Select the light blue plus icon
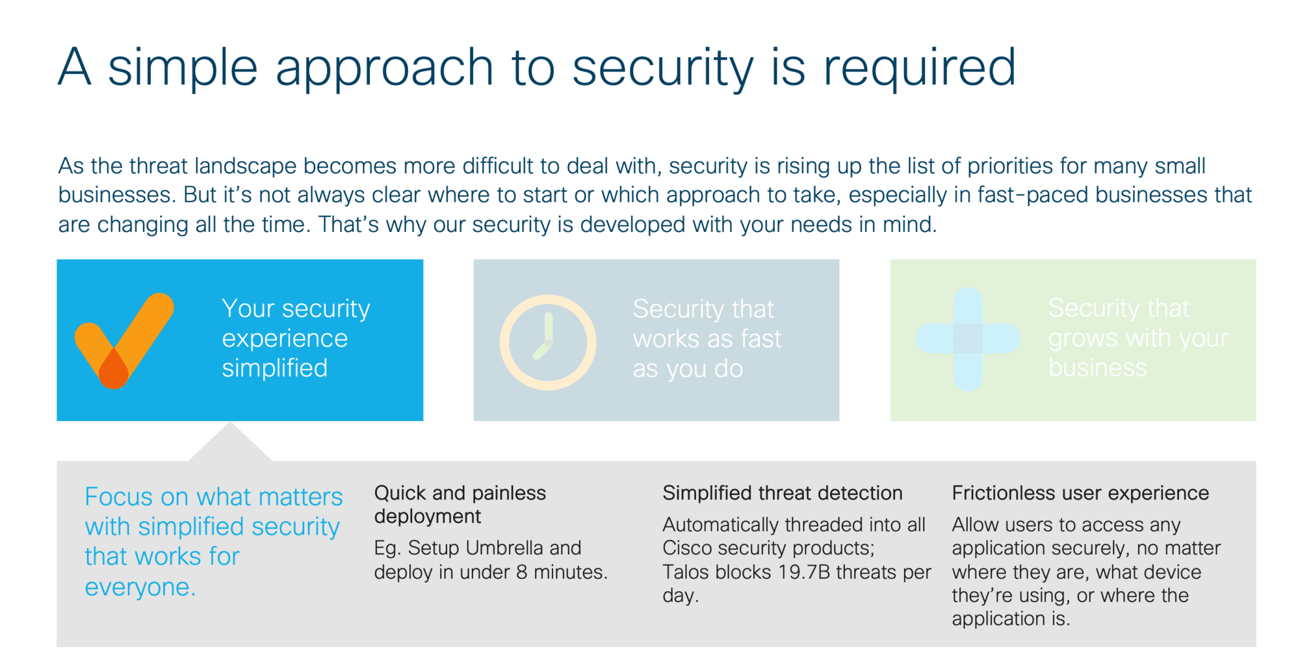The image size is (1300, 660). [x=968, y=338]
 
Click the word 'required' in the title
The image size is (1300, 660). [x=920, y=68]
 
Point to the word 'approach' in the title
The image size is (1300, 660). [x=384, y=68]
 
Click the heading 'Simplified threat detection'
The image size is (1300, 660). [x=783, y=493]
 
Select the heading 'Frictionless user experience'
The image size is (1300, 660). [x=1080, y=493]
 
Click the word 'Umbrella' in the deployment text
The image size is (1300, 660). [x=504, y=548]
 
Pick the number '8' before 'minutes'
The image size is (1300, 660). [x=521, y=572]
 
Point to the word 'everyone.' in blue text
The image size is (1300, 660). [x=140, y=587]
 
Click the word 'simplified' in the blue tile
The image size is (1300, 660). [x=275, y=368]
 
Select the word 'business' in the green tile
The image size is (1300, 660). [x=1098, y=368]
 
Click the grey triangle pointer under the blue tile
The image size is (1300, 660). [x=230, y=446]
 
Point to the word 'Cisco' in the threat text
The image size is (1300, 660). [x=688, y=548]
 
